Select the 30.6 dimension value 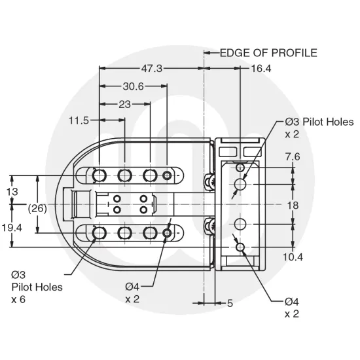[x=134, y=86]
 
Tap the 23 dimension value [x=124, y=103]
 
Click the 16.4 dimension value [x=261, y=67]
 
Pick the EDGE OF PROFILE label [x=268, y=52]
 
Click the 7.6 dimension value [x=293, y=157]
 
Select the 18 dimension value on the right [x=293, y=205]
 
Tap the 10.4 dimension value [x=293, y=257]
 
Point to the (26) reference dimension [x=37, y=207]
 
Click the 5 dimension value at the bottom [x=230, y=303]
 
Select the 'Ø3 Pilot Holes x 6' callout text [x=37, y=287]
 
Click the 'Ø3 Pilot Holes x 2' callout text [x=318, y=128]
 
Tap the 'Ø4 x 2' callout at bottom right [x=292, y=308]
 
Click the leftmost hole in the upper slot [x=99, y=175]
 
